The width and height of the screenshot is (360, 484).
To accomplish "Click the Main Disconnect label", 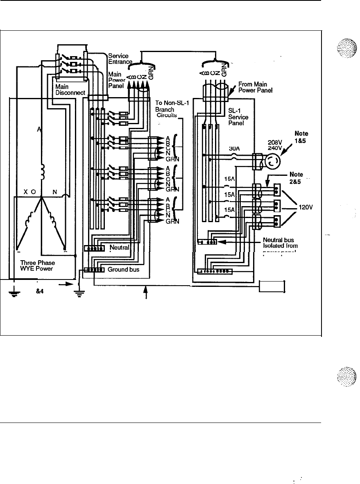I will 70,90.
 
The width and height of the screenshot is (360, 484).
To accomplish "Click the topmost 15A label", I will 229,179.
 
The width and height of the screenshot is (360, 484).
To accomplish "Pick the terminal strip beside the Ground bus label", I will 94,270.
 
